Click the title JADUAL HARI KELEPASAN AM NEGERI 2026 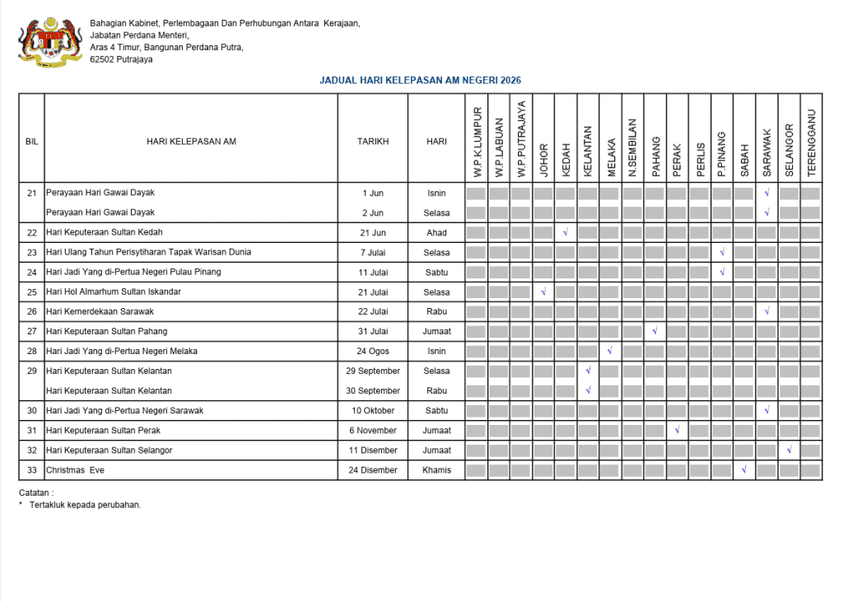tap(420, 81)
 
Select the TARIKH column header tap(372, 142)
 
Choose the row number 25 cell tap(32, 292)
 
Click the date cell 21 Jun tap(372, 233)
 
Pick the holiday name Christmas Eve tap(75, 470)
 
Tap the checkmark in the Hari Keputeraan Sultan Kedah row tap(566, 233)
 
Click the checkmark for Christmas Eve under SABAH tap(743, 470)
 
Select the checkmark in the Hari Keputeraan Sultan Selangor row tap(789, 450)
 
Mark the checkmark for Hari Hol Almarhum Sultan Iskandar tap(543, 292)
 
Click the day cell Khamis tap(436, 470)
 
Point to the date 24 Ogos tap(372, 352)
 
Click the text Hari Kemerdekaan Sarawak tap(100, 312)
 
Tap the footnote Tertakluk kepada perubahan tap(85, 505)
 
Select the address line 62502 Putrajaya tap(121, 59)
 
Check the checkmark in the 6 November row tap(677, 431)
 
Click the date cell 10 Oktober tap(372, 411)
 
